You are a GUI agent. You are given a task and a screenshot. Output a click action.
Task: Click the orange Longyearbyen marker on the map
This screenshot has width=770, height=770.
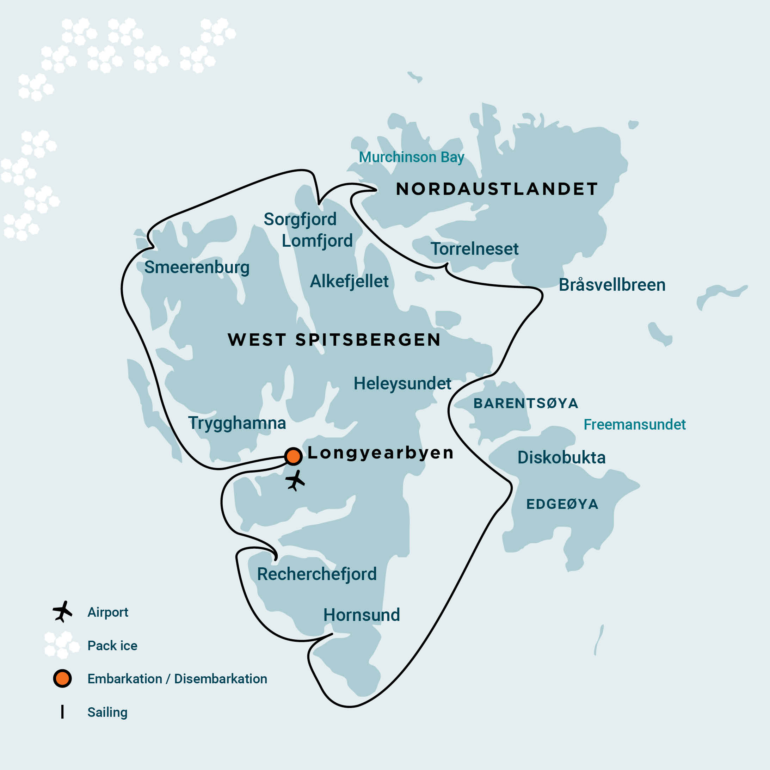(293, 456)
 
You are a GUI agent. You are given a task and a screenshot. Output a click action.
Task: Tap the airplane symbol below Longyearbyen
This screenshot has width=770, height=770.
(295, 481)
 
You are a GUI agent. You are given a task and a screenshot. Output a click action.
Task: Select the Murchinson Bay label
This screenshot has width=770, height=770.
(411, 157)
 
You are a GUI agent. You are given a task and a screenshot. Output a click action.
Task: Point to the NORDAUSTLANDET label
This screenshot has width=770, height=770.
(497, 189)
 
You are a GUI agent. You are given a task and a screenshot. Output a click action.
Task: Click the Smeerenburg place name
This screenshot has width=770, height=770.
(197, 267)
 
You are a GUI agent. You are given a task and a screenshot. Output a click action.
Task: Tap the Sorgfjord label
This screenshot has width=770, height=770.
(300, 219)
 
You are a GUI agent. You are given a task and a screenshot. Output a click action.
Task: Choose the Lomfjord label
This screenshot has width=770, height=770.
(317, 241)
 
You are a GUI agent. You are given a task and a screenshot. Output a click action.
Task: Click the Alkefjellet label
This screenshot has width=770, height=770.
(349, 281)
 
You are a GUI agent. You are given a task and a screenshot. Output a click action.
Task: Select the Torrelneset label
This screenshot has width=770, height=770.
(474, 249)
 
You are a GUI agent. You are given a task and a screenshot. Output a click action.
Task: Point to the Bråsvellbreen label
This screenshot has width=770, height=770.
(612, 285)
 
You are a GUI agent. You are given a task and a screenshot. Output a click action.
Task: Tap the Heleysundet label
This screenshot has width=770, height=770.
(402, 383)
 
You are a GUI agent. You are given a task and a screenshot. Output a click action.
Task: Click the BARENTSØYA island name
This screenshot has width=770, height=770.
(526, 404)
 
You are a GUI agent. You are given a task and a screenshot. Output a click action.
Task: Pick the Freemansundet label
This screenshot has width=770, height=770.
(634, 424)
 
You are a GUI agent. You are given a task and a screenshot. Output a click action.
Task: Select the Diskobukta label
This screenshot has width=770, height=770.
(561, 457)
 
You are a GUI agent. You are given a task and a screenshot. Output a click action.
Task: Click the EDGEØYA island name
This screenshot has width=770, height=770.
(562, 504)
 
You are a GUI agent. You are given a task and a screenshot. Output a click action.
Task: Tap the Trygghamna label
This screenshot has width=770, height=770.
(237, 423)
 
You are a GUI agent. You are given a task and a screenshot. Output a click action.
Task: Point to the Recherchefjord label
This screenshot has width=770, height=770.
(317, 574)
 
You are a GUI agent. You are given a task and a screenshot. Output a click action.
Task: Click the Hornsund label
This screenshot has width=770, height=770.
(362, 615)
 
